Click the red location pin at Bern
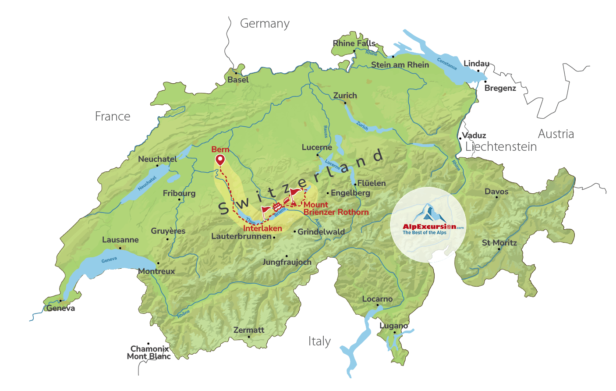220,160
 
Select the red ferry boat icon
277,206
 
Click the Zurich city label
345,96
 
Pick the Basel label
238,80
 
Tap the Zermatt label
249,330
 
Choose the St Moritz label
499,243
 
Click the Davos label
496,192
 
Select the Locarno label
377,299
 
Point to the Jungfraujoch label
287,262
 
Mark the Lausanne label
120,240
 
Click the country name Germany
265,24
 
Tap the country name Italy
319,341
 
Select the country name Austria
556,134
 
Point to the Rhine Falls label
354,43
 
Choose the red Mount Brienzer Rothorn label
336,208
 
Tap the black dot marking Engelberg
328,193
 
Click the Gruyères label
168,231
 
